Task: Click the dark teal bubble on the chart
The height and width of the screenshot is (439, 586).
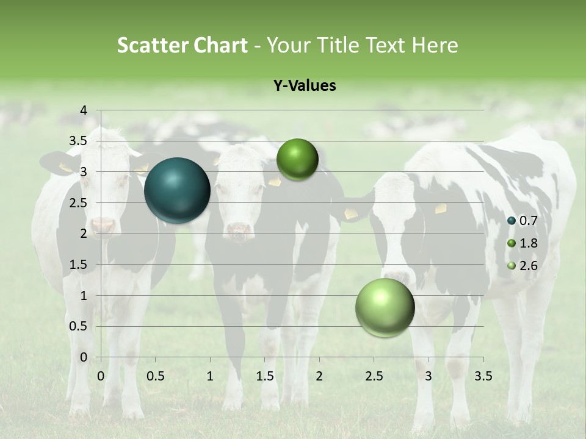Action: [177, 190]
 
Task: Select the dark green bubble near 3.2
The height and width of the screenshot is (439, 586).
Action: [297, 160]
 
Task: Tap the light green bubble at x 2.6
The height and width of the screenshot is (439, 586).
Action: [385, 308]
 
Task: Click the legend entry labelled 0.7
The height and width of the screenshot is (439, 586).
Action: [523, 221]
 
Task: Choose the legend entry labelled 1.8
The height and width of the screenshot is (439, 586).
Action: [523, 243]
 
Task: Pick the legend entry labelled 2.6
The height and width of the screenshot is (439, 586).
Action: [523, 265]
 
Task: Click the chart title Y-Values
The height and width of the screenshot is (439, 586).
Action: [304, 86]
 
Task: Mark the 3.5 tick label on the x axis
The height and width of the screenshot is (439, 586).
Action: [483, 376]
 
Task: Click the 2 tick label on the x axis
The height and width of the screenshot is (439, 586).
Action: [319, 376]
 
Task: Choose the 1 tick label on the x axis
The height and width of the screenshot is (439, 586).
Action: [210, 376]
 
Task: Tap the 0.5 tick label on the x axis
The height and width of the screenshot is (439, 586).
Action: [155, 376]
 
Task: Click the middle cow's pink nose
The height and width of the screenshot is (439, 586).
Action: [239, 230]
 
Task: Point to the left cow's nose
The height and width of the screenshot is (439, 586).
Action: [104, 226]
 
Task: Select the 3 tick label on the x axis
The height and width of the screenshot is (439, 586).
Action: [429, 376]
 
